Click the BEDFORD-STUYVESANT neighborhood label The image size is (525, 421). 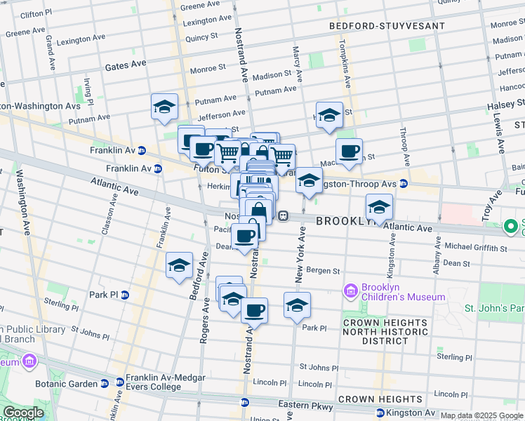[387, 26]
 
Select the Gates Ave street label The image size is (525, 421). [126, 65]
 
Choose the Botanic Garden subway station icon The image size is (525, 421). [105, 383]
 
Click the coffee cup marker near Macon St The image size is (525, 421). [349, 150]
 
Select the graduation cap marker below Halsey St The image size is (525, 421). [329, 114]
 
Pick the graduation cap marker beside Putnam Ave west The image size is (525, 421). [164, 106]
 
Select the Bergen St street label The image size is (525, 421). [326, 271]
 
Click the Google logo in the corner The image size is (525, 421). [23, 412]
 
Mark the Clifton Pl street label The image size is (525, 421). [36, 14]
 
